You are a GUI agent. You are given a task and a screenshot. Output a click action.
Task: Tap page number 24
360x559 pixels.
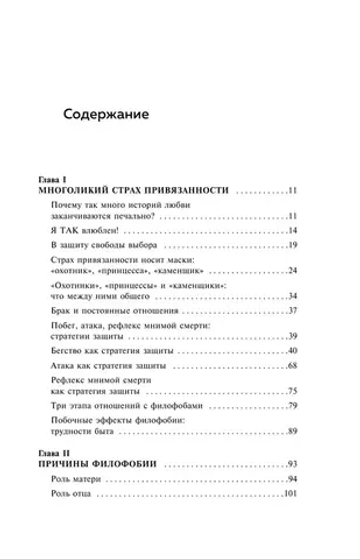tap(293, 270)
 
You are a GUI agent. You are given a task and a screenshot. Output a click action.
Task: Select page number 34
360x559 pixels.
tap(293, 297)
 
